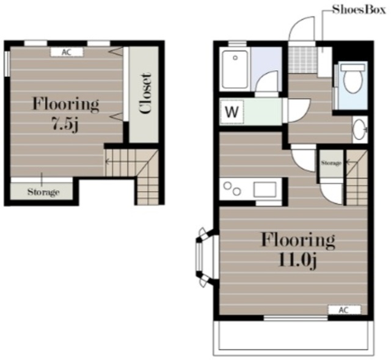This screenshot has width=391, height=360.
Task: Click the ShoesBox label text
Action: [359, 10]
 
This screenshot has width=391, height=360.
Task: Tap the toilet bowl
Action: [353, 78]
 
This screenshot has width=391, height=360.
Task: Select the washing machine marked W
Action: [232, 112]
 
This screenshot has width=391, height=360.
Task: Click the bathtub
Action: [235, 70]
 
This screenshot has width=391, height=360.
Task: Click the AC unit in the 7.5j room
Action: [67, 52]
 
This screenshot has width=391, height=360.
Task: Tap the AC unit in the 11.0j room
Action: [345, 310]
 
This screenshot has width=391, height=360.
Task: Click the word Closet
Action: [145, 93]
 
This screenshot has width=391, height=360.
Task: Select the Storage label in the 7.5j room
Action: [43, 192]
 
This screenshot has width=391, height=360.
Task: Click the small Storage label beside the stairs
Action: [331, 163]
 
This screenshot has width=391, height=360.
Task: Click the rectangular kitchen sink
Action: [265, 190]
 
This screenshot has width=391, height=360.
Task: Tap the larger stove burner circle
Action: [227, 186]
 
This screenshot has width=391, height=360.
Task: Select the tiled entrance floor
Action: [303, 60]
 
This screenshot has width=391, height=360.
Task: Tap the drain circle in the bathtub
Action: [235, 58]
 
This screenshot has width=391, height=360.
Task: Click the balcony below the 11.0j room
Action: [294, 338]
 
